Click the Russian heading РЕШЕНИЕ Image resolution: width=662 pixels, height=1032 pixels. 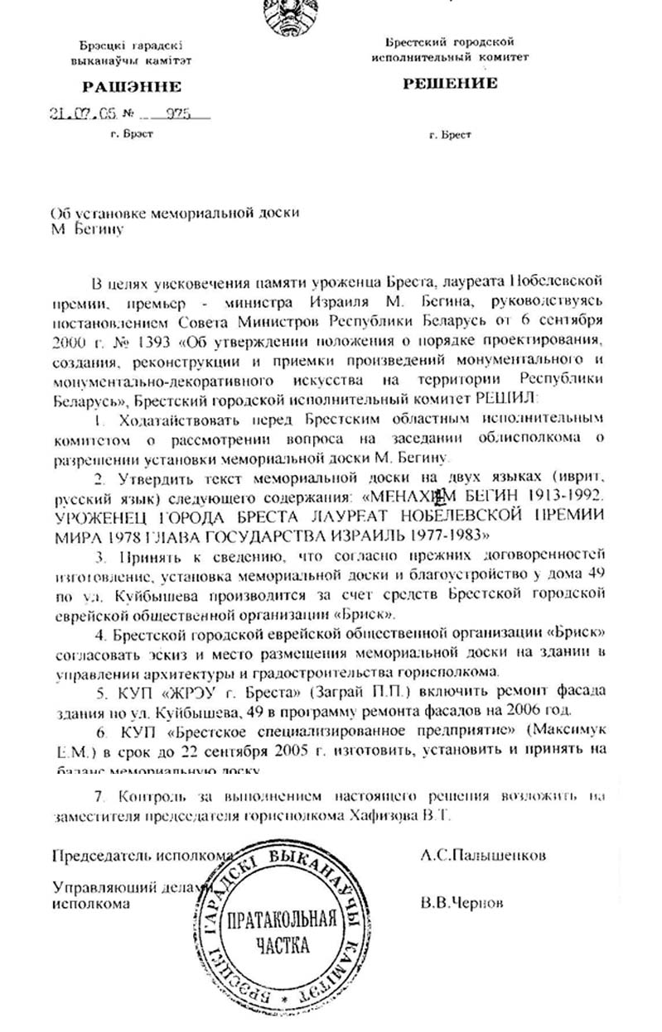pos(450,83)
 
